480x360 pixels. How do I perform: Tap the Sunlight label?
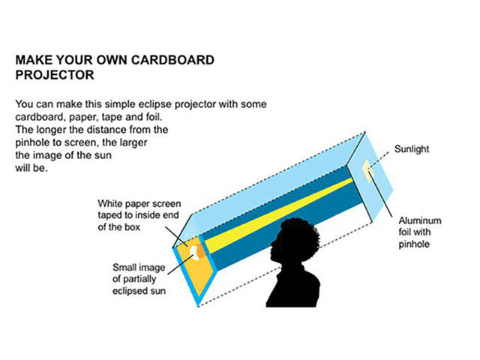pos(412,150)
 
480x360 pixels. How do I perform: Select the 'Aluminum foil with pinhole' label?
pos(419,232)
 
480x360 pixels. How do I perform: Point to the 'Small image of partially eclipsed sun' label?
pos(139,279)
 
